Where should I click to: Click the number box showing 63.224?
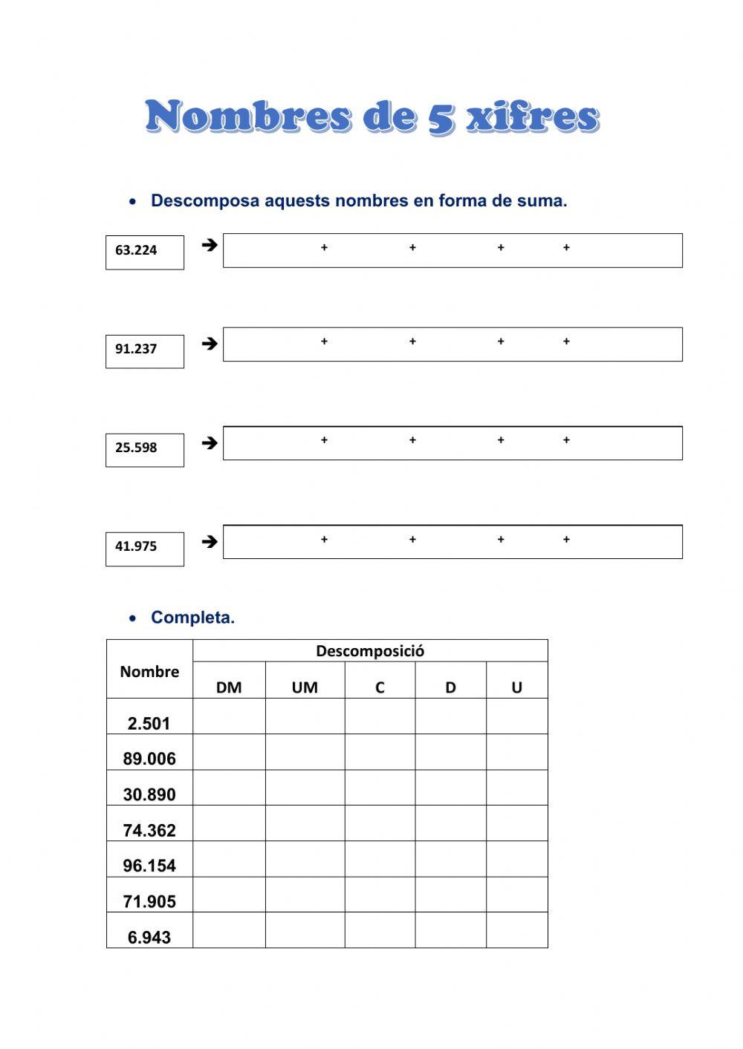(144, 252)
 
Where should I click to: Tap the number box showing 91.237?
(144, 350)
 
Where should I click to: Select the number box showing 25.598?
(144, 449)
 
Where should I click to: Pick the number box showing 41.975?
(144, 548)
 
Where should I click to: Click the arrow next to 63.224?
(210, 244)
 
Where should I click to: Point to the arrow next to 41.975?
(210, 541)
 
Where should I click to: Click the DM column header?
(229, 687)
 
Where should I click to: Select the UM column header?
(305, 687)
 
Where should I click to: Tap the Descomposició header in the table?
(370, 651)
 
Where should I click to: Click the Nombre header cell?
(149, 671)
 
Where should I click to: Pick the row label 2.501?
(149, 723)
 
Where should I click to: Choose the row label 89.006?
(149, 759)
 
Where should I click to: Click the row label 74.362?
(149, 830)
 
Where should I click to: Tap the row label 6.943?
(149, 937)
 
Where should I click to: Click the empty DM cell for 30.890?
(229, 788)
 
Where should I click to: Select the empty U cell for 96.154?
(517, 859)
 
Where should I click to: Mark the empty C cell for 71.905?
(380, 895)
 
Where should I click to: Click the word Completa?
(192, 618)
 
